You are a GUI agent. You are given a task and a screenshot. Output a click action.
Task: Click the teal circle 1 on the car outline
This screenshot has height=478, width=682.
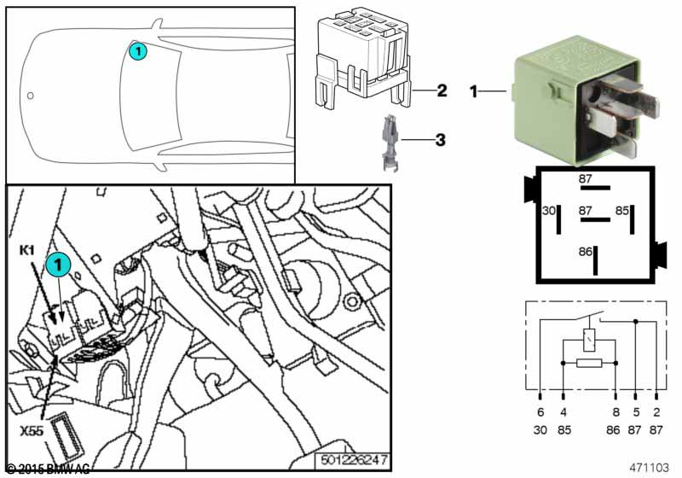click(x=138, y=53)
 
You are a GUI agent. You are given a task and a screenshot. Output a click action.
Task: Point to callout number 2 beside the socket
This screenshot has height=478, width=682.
click(x=442, y=90)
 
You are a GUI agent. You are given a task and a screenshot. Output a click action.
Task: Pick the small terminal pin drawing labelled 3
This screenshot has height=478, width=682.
click(x=388, y=137)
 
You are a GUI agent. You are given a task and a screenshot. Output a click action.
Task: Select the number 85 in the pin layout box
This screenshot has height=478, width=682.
click(x=623, y=210)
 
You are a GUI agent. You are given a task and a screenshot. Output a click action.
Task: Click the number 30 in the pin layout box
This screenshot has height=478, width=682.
click(x=549, y=210)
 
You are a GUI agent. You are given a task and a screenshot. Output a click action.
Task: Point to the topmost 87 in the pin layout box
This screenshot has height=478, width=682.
click(x=586, y=178)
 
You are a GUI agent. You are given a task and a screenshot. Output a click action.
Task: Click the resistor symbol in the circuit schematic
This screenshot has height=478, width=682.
click(x=589, y=364)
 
